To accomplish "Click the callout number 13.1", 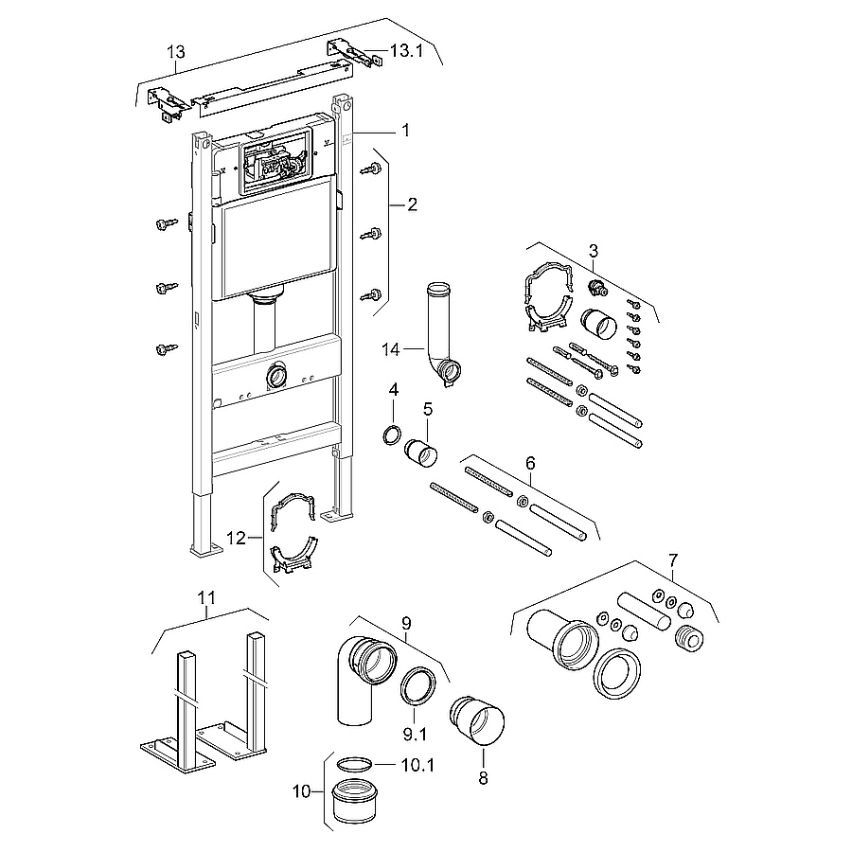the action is pos(406,52).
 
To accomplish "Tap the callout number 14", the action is pos(390,349).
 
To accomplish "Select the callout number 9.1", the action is pos(415,735).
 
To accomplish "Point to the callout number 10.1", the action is pos(417,765).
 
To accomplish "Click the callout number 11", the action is pos(206,597).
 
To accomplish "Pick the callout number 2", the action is pos(413,204).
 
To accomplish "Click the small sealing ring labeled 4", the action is pos(392,435).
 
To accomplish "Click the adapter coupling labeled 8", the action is pos(477,720).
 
